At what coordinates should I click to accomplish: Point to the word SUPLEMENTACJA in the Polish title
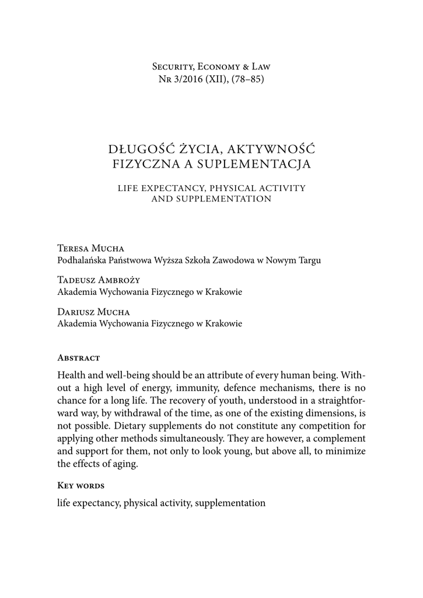[x=261, y=164]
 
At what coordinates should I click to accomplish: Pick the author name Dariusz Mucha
[x=93, y=311]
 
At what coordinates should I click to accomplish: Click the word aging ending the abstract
[x=128, y=464]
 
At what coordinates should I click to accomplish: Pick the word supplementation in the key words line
[x=230, y=502]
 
